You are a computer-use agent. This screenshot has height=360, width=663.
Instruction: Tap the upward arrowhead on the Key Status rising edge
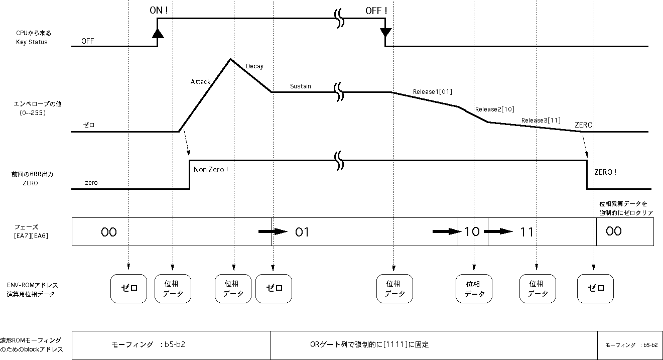(158, 33)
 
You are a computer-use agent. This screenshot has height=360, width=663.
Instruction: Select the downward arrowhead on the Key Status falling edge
(385, 33)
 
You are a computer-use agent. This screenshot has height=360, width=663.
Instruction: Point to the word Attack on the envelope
(200, 81)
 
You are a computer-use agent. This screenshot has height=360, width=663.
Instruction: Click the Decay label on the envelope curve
(254, 66)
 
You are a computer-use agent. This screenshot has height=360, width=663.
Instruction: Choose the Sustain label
(300, 86)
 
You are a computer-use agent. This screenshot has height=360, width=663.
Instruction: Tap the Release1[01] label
(433, 92)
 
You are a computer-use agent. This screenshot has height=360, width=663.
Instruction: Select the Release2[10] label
(494, 109)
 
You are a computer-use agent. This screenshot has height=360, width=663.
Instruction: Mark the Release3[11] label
(541, 121)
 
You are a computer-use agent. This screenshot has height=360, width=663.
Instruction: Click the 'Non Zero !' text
(211, 170)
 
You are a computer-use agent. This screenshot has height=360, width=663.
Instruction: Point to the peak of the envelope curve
(230, 59)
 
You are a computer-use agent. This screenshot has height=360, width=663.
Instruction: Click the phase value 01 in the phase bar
(302, 232)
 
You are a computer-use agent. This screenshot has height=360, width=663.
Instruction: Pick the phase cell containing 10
(472, 231)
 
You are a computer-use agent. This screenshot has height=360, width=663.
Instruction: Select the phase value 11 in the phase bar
(527, 232)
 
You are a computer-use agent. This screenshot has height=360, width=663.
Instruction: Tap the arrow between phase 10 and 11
(498, 231)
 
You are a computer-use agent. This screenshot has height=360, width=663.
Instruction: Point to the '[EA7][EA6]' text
(31, 235)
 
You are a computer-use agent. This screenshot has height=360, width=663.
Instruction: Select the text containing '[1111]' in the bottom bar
(369, 345)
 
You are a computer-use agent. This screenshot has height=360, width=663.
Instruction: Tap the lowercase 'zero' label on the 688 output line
(91, 183)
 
